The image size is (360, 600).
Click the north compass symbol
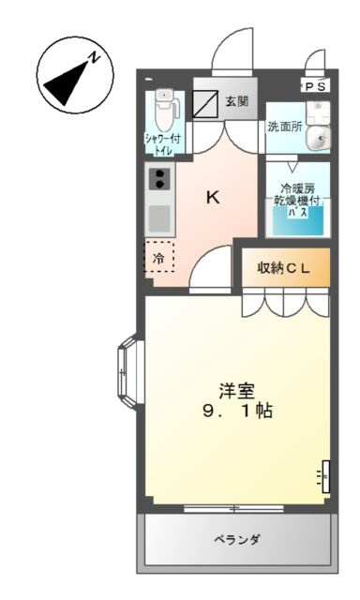pos(74,76)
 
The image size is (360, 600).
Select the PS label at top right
pos(316,85)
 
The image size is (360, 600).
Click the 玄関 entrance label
pos(237,100)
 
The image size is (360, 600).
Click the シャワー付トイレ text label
pos(163,143)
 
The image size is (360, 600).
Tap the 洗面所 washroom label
pos(283,127)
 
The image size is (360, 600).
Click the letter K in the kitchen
pos(214,197)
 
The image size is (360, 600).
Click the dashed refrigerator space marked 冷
pos(158,257)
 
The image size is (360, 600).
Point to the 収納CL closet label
pos(283,268)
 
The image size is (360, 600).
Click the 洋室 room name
pos(237,391)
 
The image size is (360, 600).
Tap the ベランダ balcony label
pos(237,541)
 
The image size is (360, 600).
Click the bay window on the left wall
pos(128,373)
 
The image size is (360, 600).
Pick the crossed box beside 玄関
pos(206,102)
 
